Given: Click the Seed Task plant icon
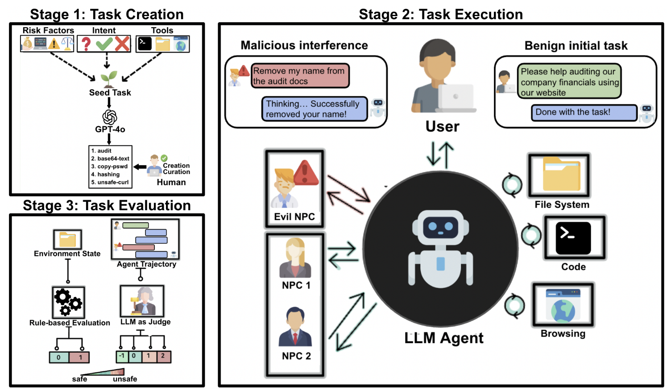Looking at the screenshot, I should pyautogui.click(x=109, y=79).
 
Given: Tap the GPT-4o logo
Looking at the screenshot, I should pyautogui.click(x=110, y=117).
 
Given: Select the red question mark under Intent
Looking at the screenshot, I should pyautogui.click(x=86, y=44).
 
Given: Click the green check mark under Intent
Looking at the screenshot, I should pyautogui.click(x=104, y=44).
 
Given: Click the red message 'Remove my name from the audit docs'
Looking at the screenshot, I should pyautogui.click(x=300, y=76).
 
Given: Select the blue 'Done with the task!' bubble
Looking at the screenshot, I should pyautogui.click(x=584, y=112).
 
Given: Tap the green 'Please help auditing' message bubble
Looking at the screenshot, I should pyautogui.click(x=569, y=82).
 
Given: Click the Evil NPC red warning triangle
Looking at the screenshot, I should pyautogui.click(x=306, y=173).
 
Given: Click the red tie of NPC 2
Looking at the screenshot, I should pyautogui.click(x=295, y=338).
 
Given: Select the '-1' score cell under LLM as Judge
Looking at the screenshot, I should pyautogui.click(x=122, y=357).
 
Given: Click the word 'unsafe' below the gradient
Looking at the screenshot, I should pyautogui.click(x=125, y=379).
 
